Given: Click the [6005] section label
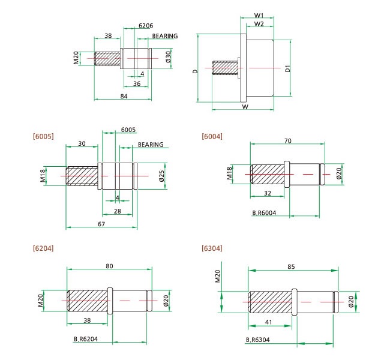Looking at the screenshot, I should (x=43, y=136).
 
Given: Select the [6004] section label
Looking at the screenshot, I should (x=212, y=136).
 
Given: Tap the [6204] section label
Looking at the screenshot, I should (x=43, y=248).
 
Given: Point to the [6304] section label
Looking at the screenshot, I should (x=212, y=248).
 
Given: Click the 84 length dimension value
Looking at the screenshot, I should (x=124, y=95).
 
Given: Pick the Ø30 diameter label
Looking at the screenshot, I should (x=169, y=57).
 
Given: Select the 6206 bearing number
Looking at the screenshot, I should (x=146, y=26).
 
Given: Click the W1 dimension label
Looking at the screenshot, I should (x=259, y=15).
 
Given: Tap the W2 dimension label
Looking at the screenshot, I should (x=259, y=24).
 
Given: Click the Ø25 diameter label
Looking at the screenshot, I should (x=161, y=176).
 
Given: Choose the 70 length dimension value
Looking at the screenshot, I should (x=288, y=140).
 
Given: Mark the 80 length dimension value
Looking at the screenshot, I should (x=109, y=266).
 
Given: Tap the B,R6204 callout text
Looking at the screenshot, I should (x=86, y=340).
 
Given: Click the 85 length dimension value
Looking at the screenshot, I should (x=291, y=266).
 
